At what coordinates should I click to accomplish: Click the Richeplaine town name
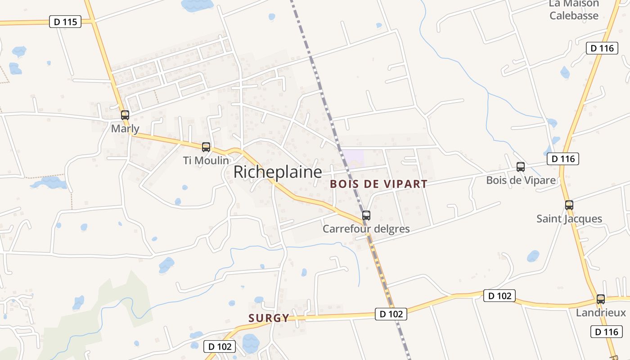tap(278, 172)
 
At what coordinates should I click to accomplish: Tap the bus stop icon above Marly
tap(125, 115)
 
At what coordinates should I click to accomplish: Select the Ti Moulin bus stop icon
tap(206, 147)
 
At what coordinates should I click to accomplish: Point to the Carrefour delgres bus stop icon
tap(366, 216)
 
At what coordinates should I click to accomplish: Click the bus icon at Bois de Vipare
tap(521, 167)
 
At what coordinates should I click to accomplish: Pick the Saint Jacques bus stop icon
tap(569, 205)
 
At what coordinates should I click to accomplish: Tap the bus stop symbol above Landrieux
tap(601, 299)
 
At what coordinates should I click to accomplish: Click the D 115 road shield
tap(65, 22)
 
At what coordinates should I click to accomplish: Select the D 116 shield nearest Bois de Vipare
tap(563, 158)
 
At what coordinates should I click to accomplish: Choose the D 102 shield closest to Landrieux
tap(499, 296)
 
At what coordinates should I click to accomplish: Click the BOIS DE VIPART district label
tap(378, 184)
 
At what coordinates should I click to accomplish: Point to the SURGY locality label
tap(269, 318)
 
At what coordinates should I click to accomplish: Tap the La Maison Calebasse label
tap(574, 9)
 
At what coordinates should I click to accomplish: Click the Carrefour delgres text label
tap(366, 229)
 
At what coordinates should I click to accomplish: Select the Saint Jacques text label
tap(569, 219)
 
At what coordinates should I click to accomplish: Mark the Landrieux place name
tap(601, 313)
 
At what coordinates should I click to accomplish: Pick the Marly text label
tap(125, 129)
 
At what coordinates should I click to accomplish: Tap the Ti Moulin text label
tap(206, 160)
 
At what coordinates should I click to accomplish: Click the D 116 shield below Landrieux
tap(606, 332)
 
